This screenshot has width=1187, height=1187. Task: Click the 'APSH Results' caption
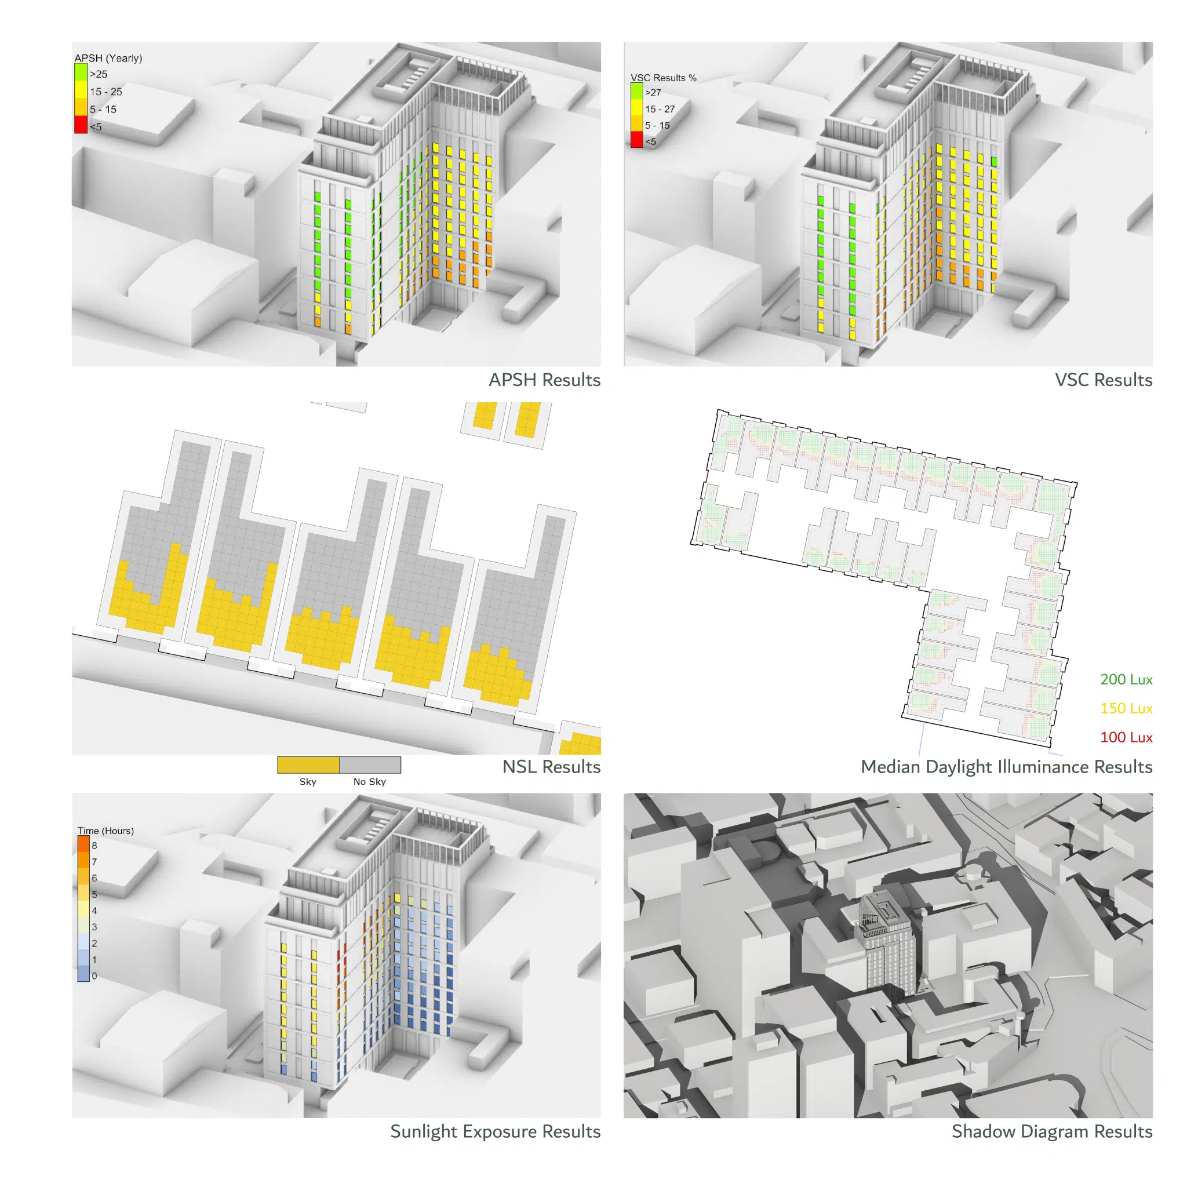coord(544,380)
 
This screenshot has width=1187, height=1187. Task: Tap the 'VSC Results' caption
coord(1104,380)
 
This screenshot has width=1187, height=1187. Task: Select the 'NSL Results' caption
coord(551,767)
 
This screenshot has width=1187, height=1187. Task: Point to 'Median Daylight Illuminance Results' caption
coord(1006,767)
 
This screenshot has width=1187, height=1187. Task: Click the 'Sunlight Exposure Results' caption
coord(495,1132)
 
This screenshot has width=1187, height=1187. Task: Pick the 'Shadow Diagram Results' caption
coord(1052,1132)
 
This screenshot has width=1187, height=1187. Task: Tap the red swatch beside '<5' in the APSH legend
coord(81,125)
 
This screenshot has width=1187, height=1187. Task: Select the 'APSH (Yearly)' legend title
coord(108,58)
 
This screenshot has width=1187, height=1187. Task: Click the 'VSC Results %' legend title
coord(664,78)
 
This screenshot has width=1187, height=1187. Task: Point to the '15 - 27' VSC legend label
coord(660,109)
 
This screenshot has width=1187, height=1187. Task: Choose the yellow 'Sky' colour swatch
coord(308,765)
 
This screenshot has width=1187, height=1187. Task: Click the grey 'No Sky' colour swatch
coord(370,765)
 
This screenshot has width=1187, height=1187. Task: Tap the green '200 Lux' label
coord(1126,679)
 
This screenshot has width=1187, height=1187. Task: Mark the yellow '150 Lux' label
coord(1126,708)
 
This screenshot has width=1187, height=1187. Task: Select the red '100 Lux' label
coord(1126,737)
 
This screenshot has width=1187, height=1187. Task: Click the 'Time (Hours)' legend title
coord(105,831)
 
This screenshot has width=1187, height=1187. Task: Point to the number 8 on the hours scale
coord(94,846)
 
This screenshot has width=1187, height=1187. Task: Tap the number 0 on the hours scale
coord(94,975)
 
